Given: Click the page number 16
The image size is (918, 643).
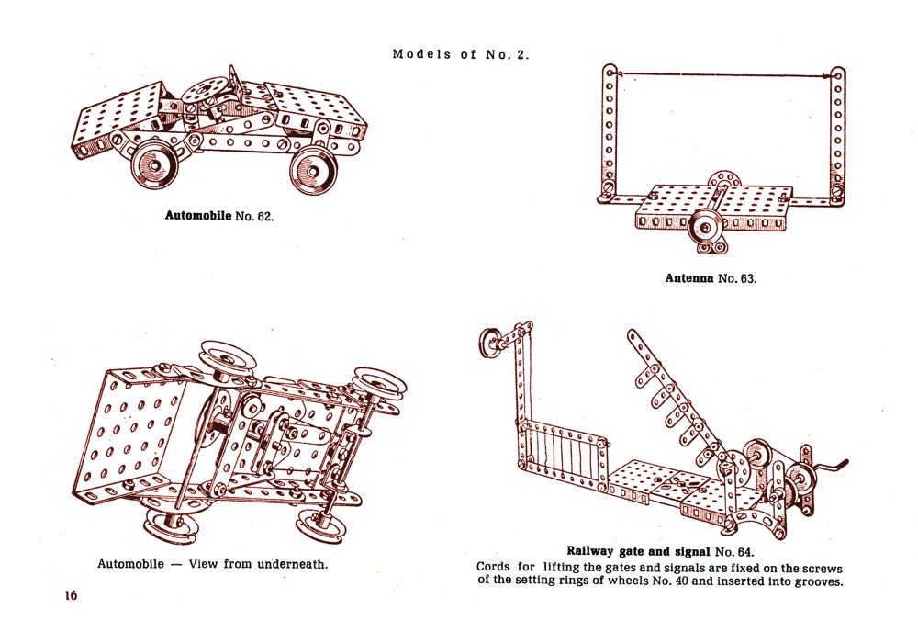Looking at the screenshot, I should click(71, 595).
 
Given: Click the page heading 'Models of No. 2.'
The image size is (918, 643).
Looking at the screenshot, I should click(461, 54).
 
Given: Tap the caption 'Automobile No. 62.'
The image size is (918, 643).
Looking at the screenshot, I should click(219, 217).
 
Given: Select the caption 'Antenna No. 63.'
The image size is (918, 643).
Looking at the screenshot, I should click(711, 277).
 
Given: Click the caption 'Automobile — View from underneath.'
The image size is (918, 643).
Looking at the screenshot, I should click(213, 563).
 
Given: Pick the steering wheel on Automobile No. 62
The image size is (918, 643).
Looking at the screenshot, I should click(205, 91).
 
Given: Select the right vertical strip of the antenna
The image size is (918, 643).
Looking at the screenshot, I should click(838, 129).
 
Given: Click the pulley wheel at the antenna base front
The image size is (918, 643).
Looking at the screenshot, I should click(707, 224).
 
